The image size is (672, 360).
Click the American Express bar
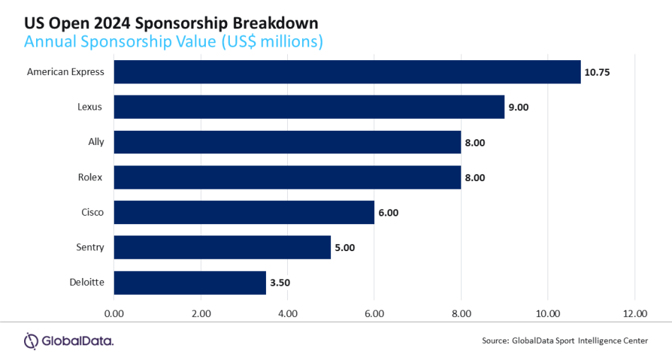(347, 71)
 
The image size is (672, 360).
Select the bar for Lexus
(309, 107)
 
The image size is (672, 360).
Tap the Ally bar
(288, 142)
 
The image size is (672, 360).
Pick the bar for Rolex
(288, 177)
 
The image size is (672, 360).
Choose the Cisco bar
(244, 212)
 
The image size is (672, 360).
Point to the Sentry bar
(222, 248)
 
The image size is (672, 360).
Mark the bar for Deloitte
(190, 282)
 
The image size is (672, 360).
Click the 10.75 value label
(597, 72)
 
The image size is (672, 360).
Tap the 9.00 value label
(519, 107)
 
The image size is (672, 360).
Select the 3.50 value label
(280, 283)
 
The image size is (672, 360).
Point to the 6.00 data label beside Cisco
(388, 213)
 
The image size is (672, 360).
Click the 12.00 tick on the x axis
(635, 314)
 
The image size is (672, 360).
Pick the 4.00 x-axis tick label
(288, 314)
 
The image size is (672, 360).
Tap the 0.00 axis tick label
(114, 314)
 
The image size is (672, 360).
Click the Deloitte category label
(87, 282)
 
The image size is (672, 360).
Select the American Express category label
(66, 72)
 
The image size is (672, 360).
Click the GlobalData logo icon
(31, 341)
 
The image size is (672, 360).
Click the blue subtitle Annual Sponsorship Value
(120, 42)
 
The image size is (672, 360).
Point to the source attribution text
(565, 341)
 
